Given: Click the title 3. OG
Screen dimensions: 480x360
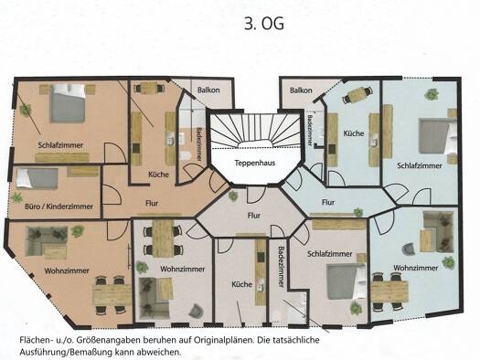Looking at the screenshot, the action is pyautogui.click(x=264, y=23).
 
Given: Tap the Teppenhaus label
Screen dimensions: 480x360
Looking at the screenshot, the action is pyautogui.click(x=255, y=163).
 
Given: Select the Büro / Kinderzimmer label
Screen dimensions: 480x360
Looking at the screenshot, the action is pyautogui.click(x=59, y=206).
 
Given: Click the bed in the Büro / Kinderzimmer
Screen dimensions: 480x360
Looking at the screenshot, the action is pyautogui.click(x=37, y=177).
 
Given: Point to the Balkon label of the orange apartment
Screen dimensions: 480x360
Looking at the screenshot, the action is pyautogui.click(x=208, y=90).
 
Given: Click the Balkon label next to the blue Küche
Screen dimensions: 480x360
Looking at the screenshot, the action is pyautogui.click(x=301, y=90).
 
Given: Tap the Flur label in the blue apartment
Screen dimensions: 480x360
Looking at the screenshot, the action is pyautogui.click(x=328, y=202).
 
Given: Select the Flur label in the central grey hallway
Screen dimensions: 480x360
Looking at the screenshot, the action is pyautogui.click(x=254, y=216).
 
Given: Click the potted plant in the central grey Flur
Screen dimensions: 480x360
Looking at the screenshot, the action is pyautogui.click(x=233, y=196).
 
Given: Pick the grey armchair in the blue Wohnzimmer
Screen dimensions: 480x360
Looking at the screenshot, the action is pyautogui.click(x=409, y=249).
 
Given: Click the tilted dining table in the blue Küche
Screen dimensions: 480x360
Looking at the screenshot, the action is pyautogui.click(x=357, y=94).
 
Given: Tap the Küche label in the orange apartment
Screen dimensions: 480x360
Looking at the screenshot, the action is pyautogui.click(x=158, y=175).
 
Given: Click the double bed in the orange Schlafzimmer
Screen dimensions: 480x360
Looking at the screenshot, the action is pyautogui.click(x=68, y=103).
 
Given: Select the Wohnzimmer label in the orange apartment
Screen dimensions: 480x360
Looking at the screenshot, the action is pyautogui.click(x=67, y=271).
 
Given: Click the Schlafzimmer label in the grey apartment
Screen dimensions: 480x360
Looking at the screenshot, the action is pyautogui.click(x=330, y=254).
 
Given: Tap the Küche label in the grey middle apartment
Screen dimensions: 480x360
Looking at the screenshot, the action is pyautogui.click(x=242, y=284).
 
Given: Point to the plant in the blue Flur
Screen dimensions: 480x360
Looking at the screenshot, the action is pyautogui.click(x=358, y=212).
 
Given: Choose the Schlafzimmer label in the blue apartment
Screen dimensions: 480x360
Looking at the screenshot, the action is pyautogui.click(x=420, y=165).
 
